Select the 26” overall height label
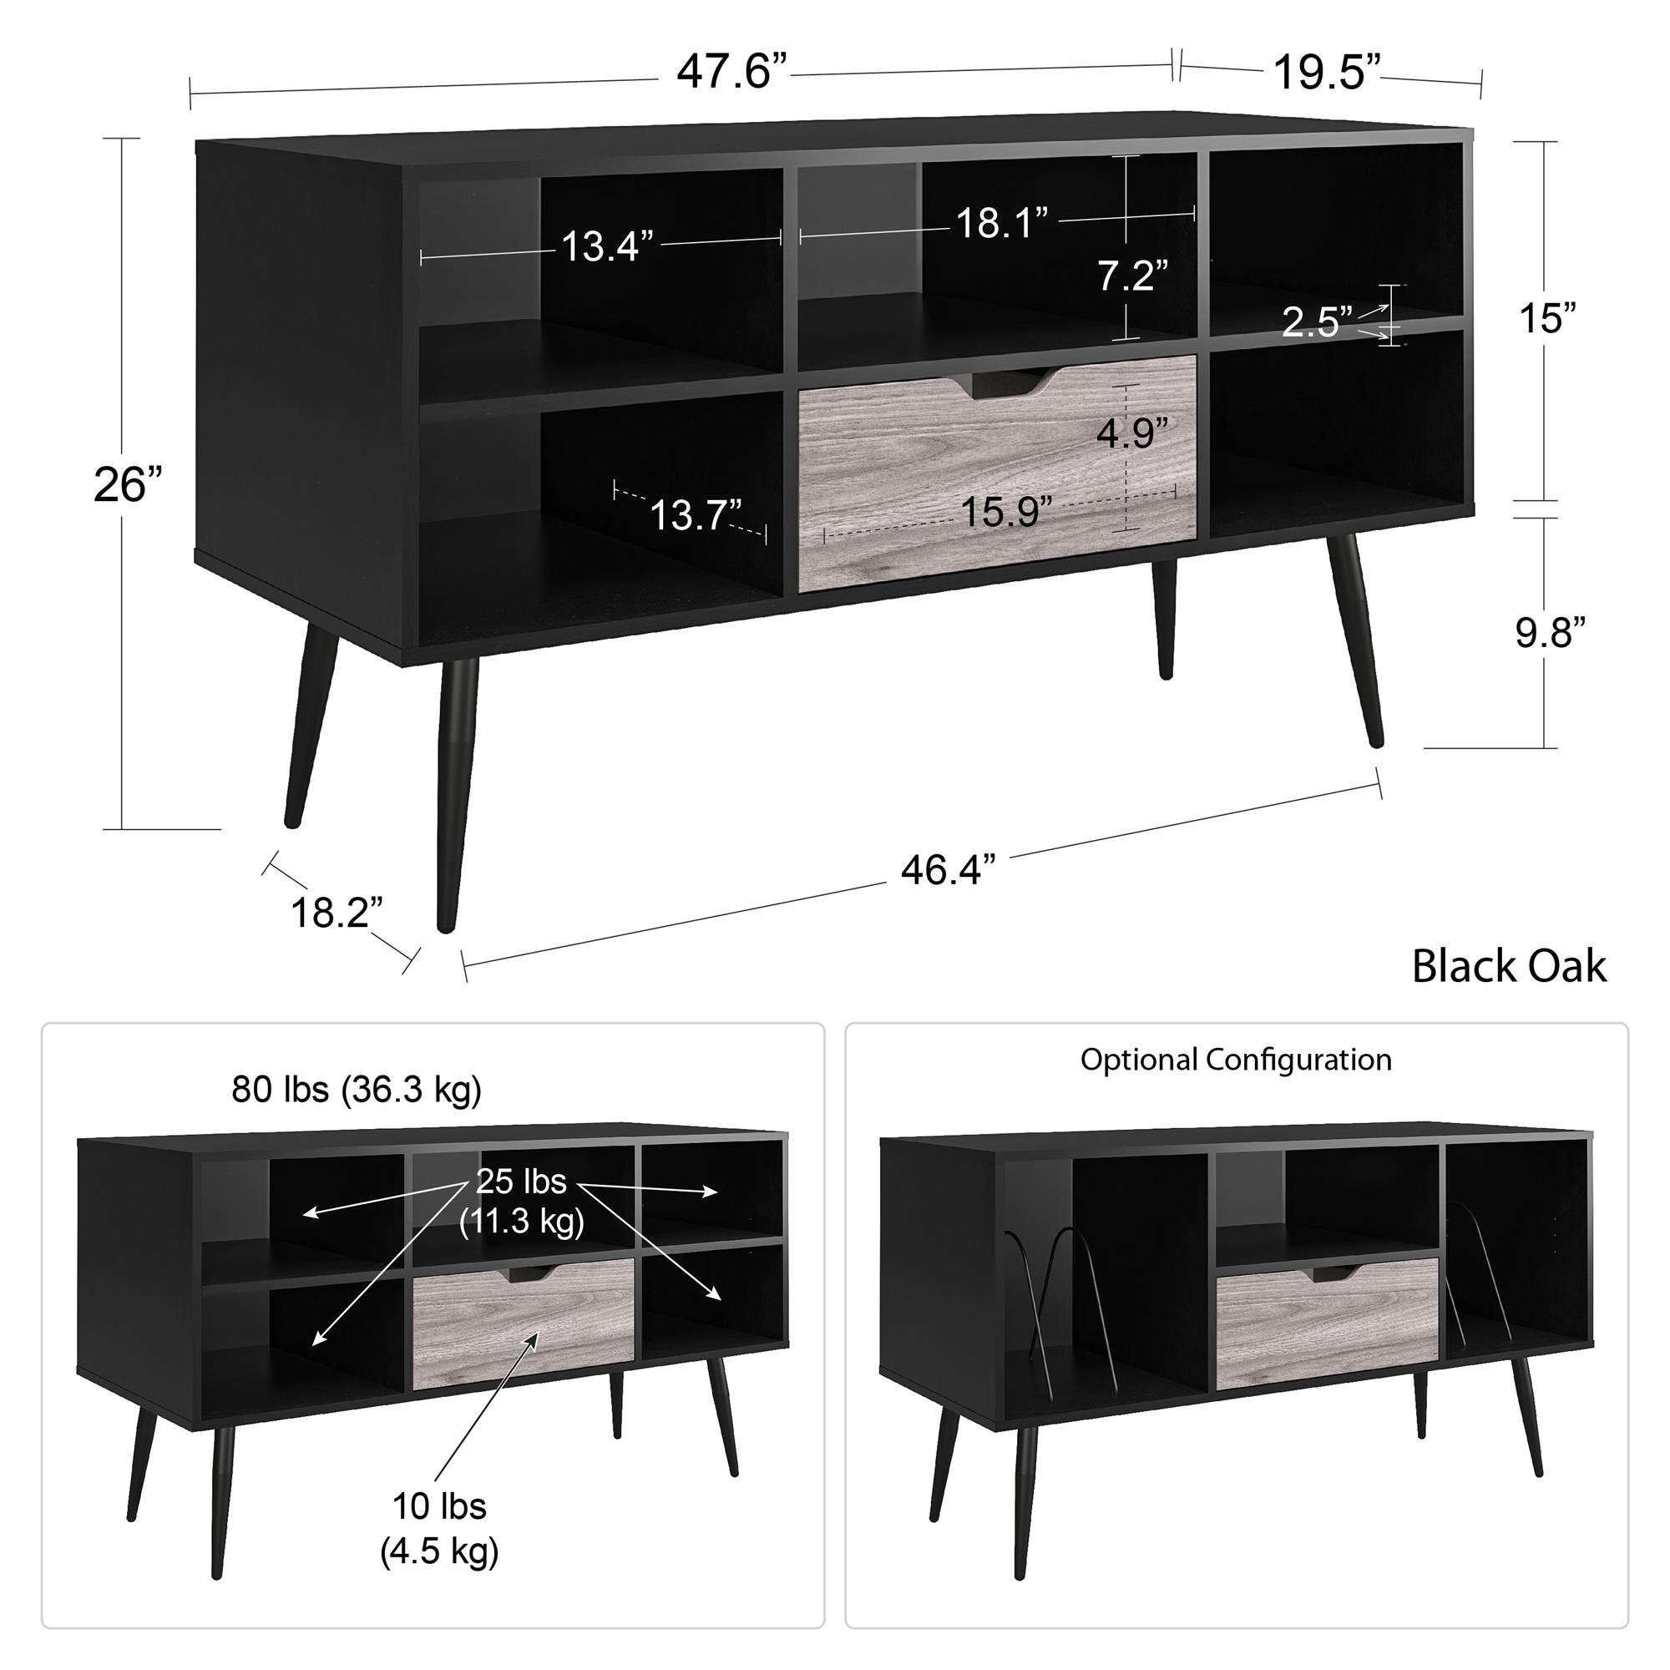(128, 484)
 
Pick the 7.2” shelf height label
(1132, 276)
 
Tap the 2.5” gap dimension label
(1317, 321)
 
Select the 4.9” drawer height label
(1132, 433)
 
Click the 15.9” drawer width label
(1006, 512)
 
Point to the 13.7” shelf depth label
(695, 515)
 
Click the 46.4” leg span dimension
(949, 869)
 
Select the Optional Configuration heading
(1236, 1060)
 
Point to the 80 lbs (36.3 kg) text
(357, 1090)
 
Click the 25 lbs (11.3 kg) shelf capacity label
(521, 1202)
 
